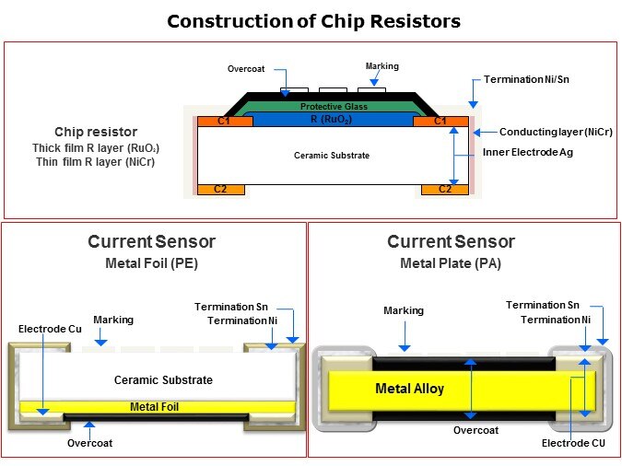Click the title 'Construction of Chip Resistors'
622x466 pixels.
click(313, 20)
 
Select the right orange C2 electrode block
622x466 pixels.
click(444, 189)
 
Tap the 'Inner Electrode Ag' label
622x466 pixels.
click(528, 152)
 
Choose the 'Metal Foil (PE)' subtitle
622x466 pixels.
click(151, 263)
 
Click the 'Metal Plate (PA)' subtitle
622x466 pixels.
click(451, 263)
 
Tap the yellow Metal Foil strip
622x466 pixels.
click(154, 406)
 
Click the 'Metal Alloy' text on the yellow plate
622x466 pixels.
click(409, 389)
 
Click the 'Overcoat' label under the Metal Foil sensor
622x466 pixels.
click(90, 443)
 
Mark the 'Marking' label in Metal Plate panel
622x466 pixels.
click(404, 310)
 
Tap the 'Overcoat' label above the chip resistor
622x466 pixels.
click(247, 69)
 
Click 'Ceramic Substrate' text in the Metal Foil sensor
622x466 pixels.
click(163, 380)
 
